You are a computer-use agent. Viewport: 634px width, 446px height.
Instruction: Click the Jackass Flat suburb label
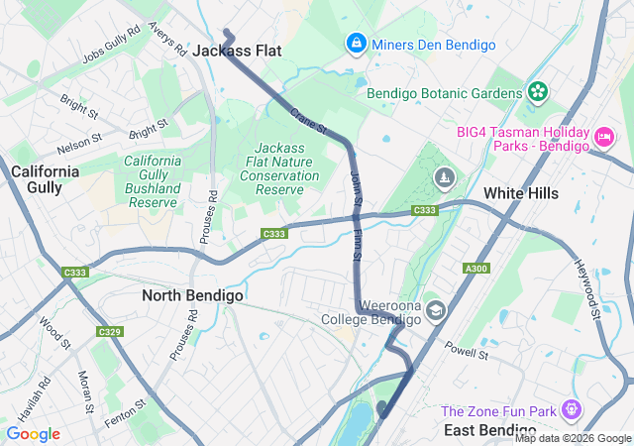237,50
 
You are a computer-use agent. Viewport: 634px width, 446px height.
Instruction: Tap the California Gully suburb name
46,179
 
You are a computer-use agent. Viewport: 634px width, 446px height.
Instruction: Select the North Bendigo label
192,295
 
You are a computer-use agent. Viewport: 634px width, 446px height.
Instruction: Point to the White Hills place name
521,193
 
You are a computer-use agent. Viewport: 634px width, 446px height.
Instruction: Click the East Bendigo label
492,429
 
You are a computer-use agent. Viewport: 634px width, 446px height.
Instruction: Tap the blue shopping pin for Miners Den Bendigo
356,45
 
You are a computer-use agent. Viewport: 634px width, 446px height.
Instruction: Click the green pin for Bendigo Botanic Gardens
538,92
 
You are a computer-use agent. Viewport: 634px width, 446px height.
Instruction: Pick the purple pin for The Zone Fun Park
571,408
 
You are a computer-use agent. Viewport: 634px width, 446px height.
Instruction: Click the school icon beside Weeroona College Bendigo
436,311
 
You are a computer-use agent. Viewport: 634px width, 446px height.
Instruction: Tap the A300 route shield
476,269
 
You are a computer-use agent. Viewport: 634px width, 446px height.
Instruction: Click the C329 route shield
109,331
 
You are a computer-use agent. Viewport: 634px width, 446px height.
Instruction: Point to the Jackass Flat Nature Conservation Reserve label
279,168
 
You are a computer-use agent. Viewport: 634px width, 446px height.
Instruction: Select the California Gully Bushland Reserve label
153,181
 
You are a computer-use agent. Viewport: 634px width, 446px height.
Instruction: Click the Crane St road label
308,125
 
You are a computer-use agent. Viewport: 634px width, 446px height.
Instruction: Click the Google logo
34,434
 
